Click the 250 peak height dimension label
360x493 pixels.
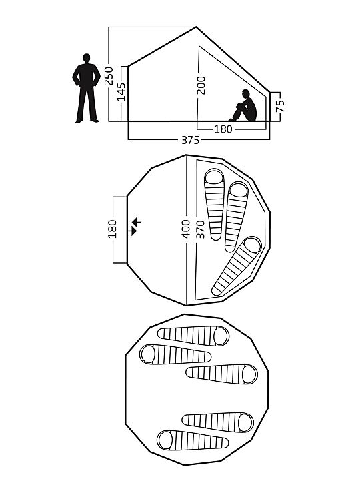(x=109, y=75)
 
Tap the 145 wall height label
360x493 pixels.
(x=121, y=91)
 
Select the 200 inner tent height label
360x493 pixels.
(x=201, y=85)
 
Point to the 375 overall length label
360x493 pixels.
(x=191, y=140)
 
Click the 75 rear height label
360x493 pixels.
(x=280, y=106)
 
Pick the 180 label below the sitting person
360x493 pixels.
(x=223, y=129)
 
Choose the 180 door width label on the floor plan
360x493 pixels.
(x=113, y=229)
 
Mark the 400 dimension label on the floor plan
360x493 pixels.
(x=186, y=229)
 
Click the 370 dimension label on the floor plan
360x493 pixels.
(x=200, y=229)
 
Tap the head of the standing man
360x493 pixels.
(x=87, y=58)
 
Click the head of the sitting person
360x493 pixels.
(x=246, y=94)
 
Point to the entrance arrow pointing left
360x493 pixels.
(x=137, y=223)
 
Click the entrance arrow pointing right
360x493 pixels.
(x=133, y=231)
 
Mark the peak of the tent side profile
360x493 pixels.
(x=196, y=27)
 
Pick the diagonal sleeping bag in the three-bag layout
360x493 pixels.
(x=237, y=266)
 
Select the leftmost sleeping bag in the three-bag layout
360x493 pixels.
(x=214, y=205)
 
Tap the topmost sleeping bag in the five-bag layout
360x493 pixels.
(x=193, y=336)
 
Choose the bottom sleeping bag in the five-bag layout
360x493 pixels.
(x=193, y=440)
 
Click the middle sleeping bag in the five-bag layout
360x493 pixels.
(x=221, y=374)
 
